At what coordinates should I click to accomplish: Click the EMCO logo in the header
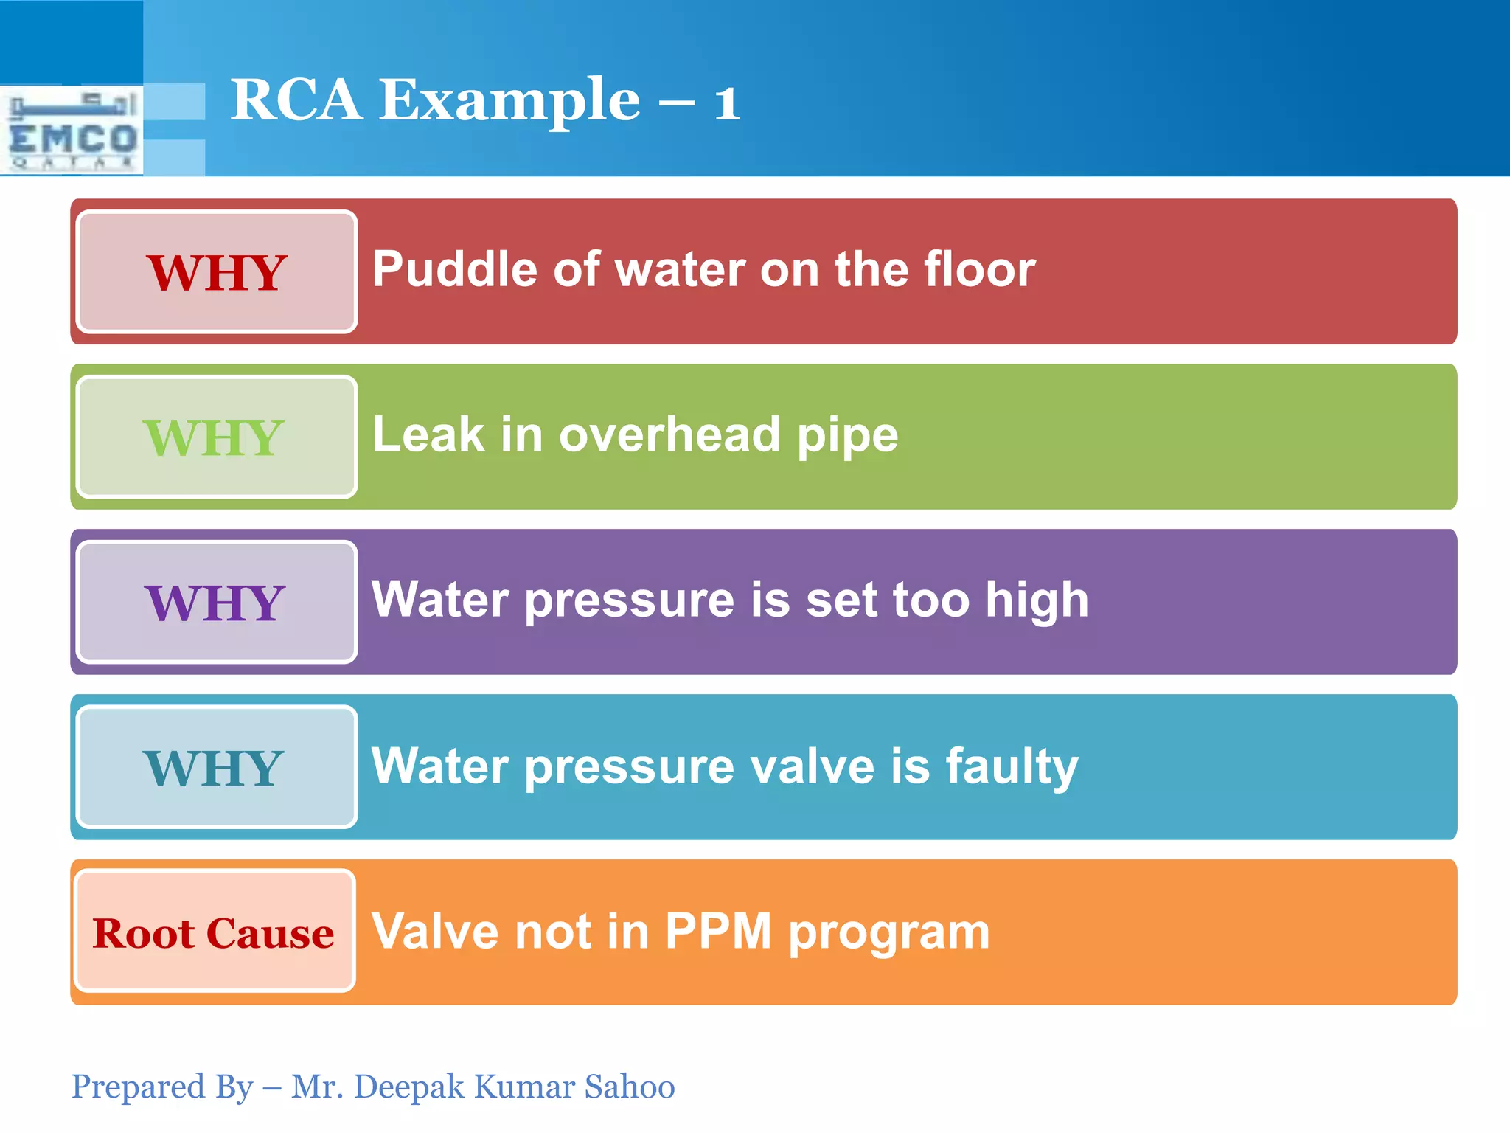tap(72, 131)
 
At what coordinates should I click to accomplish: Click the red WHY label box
tap(217, 272)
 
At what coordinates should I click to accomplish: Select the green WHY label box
tap(217, 437)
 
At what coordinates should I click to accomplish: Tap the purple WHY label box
tap(217, 603)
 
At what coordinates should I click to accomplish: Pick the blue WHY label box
tap(217, 768)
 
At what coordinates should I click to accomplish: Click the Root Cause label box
tap(215, 932)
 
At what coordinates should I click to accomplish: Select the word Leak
tap(428, 434)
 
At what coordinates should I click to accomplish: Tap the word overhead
tap(669, 434)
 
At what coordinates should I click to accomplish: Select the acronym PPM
tap(718, 931)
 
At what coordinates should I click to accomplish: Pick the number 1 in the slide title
tap(726, 103)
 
